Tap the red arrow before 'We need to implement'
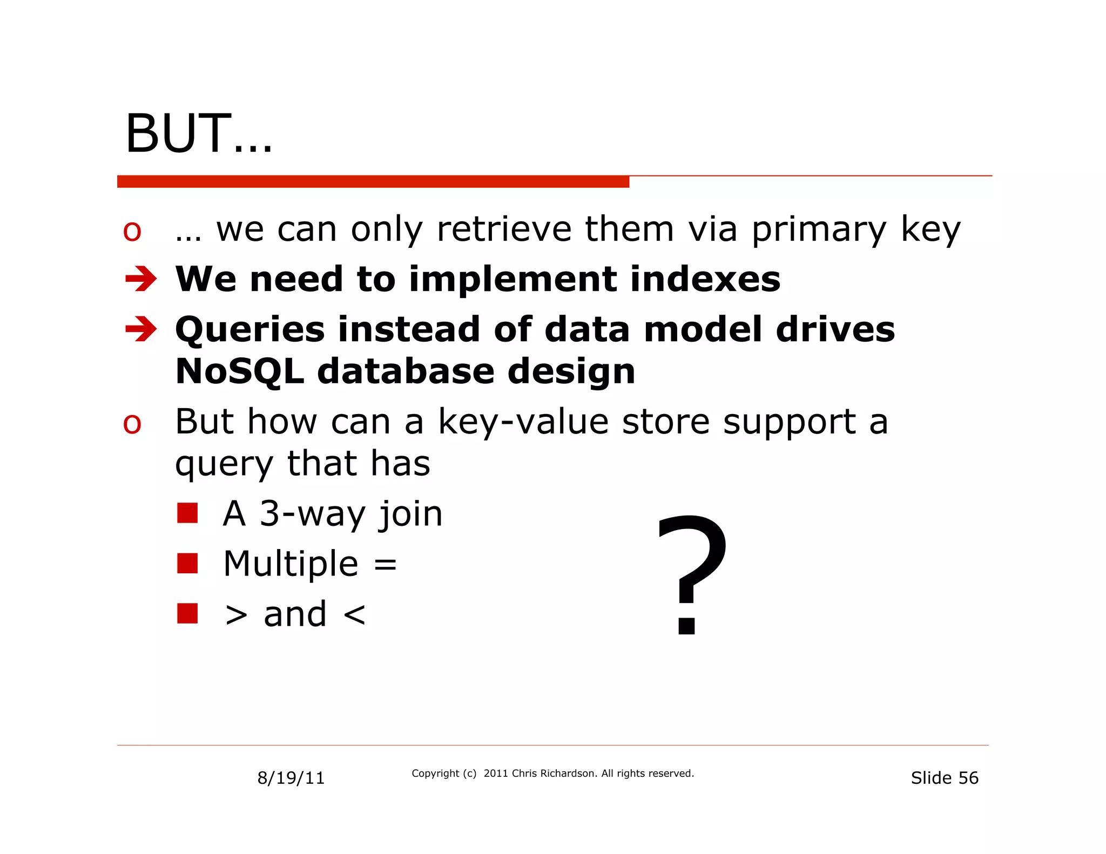[x=140, y=279]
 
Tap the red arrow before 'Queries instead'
[x=140, y=329]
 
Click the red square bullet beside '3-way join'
[x=187, y=513]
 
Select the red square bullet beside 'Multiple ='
[x=187, y=563]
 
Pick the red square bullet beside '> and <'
[x=187, y=613]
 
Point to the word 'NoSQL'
[x=239, y=372]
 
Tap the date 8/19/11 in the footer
[x=291, y=778]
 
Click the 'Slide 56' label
[x=944, y=778]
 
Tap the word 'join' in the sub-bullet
[x=410, y=514]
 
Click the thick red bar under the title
[x=373, y=182]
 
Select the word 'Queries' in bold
[x=250, y=330]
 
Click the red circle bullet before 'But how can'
[x=132, y=424]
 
